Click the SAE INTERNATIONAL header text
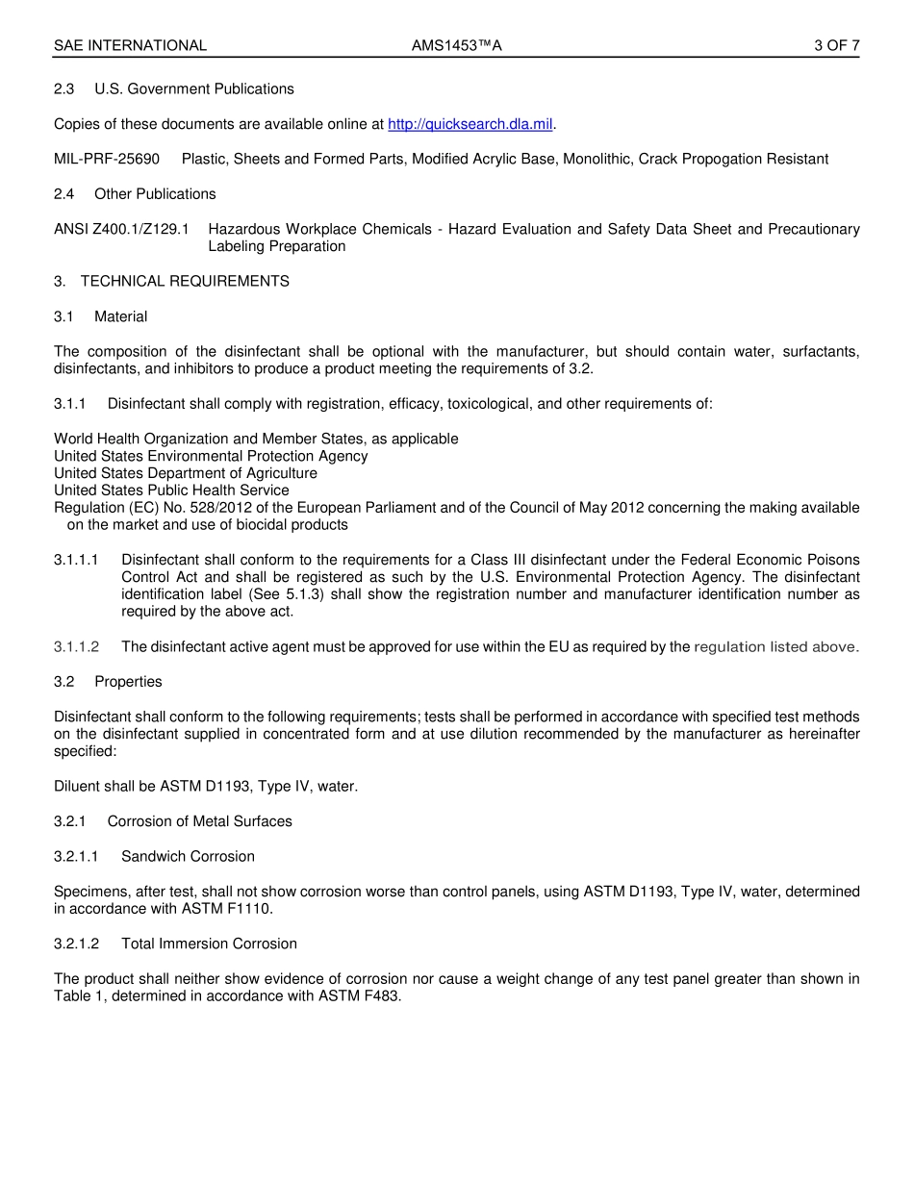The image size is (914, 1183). [x=130, y=45]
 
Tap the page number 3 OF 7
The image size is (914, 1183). [x=836, y=45]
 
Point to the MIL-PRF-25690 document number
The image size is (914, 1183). [x=107, y=159]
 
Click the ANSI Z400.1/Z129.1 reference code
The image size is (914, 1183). [x=121, y=229]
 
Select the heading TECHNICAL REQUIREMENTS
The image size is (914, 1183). [x=185, y=281]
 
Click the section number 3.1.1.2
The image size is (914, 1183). [x=77, y=646]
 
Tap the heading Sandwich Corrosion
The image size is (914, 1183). [x=188, y=856]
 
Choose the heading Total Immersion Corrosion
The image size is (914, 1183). [x=209, y=944]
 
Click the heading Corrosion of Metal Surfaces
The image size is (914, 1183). [x=199, y=821]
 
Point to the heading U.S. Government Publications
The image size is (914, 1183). [x=193, y=88]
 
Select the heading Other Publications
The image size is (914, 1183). [x=155, y=193]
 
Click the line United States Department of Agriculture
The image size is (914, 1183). [x=186, y=473]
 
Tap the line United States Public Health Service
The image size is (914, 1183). [x=171, y=491]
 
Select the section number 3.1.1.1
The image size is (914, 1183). [x=77, y=560]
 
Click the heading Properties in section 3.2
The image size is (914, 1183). [x=128, y=681]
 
